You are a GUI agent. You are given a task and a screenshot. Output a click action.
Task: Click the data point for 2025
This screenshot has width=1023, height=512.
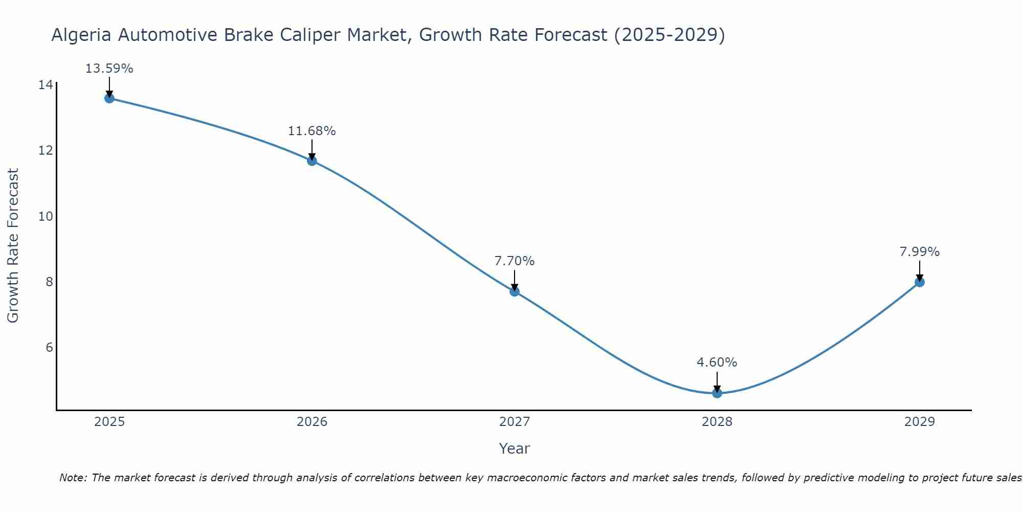coord(109,98)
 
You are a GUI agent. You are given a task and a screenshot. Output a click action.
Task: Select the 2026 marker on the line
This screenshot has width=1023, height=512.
coord(312,161)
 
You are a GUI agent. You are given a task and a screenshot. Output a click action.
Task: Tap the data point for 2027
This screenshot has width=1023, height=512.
coord(515,291)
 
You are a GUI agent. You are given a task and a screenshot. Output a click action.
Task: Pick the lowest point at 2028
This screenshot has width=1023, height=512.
coord(717,393)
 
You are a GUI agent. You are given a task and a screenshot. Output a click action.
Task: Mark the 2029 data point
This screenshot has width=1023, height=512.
coord(920,282)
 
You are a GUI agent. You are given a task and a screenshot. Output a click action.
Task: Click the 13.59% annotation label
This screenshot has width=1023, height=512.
coord(109,69)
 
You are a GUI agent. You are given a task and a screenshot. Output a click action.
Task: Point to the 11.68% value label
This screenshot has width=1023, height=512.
coord(312,131)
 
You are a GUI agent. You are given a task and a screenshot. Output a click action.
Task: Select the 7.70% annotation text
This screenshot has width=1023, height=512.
coord(515,261)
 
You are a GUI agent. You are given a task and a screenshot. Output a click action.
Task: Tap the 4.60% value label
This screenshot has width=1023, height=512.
coord(717,362)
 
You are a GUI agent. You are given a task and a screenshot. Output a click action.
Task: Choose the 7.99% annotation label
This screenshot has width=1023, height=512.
coord(920,252)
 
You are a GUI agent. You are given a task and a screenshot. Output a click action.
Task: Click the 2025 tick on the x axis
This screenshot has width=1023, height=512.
coord(109,422)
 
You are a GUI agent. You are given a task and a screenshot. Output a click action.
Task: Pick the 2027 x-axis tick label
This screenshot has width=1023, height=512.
coord(515,422)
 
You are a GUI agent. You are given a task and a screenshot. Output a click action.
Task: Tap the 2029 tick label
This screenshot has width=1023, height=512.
coord(920,422)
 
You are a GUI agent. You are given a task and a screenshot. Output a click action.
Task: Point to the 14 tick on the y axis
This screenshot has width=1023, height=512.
coord(46,85)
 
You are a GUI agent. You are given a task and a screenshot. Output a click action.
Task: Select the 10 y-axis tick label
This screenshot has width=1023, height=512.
coord(46,217)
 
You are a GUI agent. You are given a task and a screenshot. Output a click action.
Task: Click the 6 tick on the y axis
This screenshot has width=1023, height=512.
coord(49,348)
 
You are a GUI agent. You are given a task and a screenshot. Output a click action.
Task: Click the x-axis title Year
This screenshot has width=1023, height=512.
coord(515,449)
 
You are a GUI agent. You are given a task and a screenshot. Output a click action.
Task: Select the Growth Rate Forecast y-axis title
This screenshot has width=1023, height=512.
coord(13,246)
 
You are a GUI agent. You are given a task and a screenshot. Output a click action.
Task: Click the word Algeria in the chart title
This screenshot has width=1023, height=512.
coord(82,35)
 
